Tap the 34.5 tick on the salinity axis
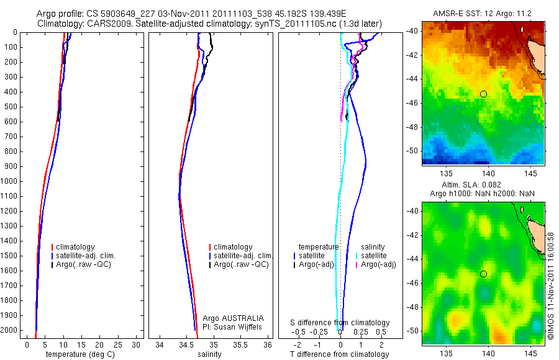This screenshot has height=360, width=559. tap(186, 344)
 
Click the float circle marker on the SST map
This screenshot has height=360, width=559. tap(483, 94)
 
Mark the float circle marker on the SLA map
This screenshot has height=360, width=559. tap(483, 274)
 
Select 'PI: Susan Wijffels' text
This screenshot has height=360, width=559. tap(233, 326)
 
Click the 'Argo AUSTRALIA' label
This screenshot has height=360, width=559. tap(233, 318)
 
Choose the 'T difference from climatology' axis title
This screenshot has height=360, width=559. tap(339, 354)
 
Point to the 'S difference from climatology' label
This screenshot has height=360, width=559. tap(340, 323)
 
